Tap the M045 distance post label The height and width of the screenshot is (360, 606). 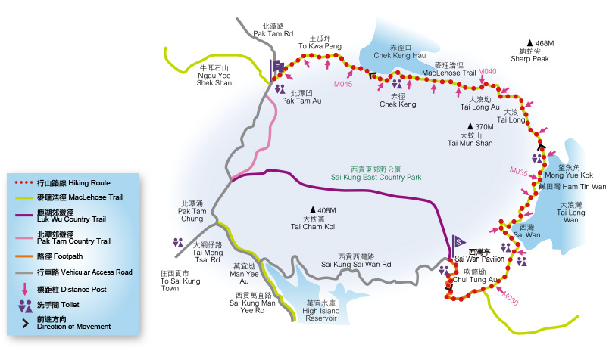tap(342, 85)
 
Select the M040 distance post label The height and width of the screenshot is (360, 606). tap(487, 71)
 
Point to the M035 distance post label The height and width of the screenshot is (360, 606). tap(519, 172)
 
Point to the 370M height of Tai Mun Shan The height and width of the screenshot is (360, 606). tap(481, 127)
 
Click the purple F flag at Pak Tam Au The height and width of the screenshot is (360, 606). tap(278, 67)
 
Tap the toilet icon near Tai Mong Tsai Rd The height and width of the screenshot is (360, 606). tap(178, 243)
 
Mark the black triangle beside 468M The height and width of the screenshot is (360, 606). tap(529, 43)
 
